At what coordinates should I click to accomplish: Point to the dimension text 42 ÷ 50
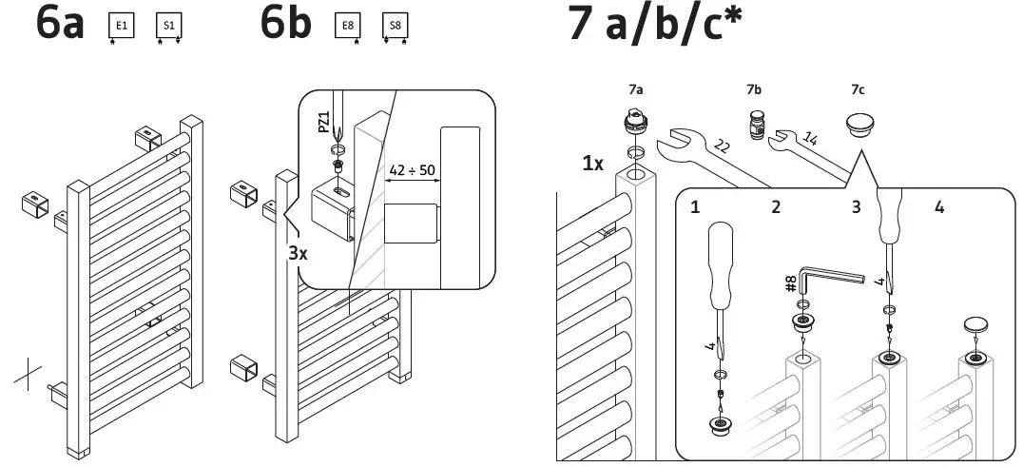pyautogui.click(x=412, y=170)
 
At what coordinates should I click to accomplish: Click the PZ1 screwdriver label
pyautogui.click(x=324, y=124)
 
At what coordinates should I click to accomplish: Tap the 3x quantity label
pyautogui.click(x=298, y=255)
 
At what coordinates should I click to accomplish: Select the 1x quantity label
pyautogui.click(x=594, y=163)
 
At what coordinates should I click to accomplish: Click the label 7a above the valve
pyautogui.click(x=635, y=89)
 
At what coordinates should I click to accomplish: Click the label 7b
pyautogui.click(x=754, y=89)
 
